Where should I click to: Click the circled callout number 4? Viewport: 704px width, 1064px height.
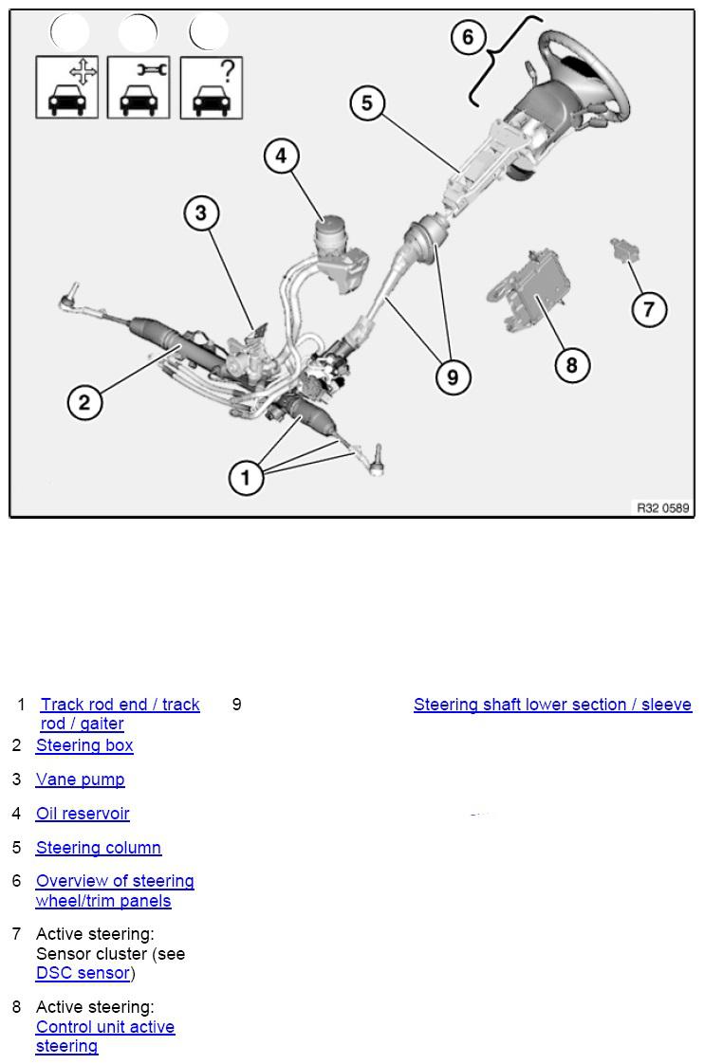(281, 156)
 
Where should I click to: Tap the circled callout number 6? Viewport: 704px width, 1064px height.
(468, 38)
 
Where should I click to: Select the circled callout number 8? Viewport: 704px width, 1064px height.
(571, 364)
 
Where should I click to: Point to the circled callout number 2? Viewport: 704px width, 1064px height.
(84, 402)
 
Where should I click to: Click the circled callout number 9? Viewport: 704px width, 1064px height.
(453, 377)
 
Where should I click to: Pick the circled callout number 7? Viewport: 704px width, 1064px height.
(649, 309)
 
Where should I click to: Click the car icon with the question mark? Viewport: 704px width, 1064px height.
(211, 87)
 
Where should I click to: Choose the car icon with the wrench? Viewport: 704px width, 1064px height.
(139, 87)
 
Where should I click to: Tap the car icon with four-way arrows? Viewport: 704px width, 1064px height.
(66, 87)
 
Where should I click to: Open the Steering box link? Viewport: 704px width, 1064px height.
(84, 745)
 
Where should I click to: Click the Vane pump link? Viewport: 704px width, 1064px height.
(80, 780)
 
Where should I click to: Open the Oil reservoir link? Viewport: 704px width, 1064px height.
(83, 814)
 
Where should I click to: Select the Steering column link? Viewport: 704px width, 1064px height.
(99, 848)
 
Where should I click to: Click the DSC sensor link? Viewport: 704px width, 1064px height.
(83, 973)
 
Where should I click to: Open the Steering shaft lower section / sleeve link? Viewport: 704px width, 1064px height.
(552, 705)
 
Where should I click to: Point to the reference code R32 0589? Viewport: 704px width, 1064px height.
(662, 508)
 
